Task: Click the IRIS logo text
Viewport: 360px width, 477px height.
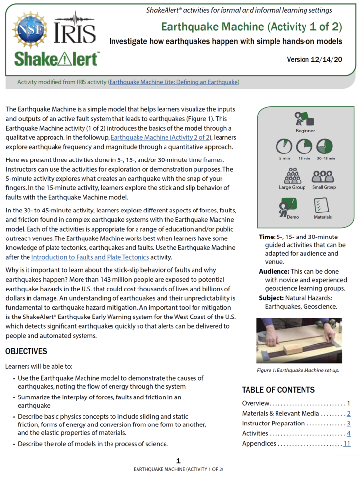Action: (x=75, y=32)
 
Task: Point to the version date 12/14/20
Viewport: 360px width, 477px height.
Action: (x=322, y=59)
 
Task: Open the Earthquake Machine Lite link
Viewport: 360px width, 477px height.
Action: (x=173, y=82)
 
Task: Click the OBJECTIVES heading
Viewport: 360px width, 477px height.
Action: (x=27, y=351)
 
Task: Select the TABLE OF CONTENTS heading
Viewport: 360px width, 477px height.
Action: (x=278, y=390)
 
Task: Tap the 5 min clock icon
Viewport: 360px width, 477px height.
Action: (x=284, y=147)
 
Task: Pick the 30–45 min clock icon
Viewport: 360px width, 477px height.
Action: (x=325, y=147)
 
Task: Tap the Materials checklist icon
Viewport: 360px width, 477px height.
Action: (x=322, y=206)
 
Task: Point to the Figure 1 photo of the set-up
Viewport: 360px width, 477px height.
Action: (x=299, y=341)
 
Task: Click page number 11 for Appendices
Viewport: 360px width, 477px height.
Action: (x=347, y=444)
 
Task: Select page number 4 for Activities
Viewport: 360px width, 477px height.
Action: (x=348, y=433)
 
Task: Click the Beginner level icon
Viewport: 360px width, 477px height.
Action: (x=305, y=118)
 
